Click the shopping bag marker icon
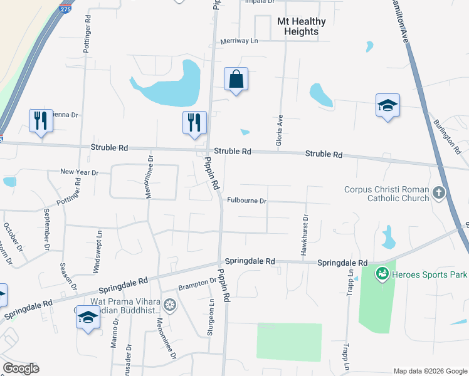tap(236, 80)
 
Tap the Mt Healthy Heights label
tap(301, 26)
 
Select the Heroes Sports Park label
tap(429, 274)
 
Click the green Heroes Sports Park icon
tap(382, 274)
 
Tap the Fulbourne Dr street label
tap(247, 201)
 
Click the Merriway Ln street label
tap(239, 41)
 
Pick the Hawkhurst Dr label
tap(304, 233)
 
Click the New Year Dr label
tap(80, 172)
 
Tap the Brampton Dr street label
tap(197, 285)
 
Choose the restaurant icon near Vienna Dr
tap(41, 119)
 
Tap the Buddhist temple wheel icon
tap(169, 306)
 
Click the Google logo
tap(21, 368)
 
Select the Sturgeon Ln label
tap(211, 316)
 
